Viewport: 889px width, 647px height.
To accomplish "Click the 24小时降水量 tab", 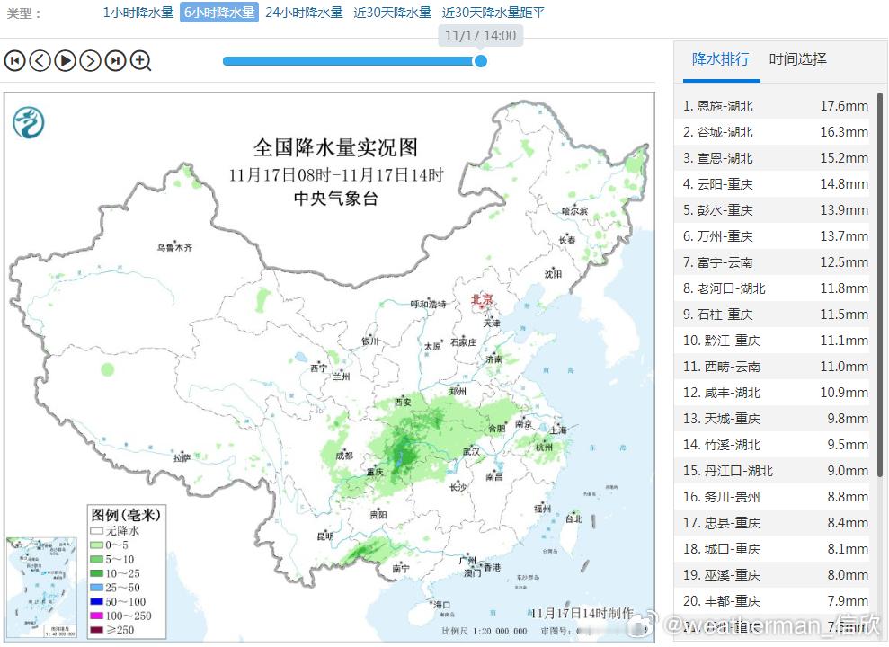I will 304,13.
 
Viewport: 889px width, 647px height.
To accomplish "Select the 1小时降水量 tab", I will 138,13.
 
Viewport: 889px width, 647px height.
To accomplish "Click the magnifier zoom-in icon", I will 140,61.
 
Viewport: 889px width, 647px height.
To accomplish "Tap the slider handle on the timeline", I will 481,61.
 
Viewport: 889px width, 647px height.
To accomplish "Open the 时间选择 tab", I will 797,59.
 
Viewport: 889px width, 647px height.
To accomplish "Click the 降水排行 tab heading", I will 720,59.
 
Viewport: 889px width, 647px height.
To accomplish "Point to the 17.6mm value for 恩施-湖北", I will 844,106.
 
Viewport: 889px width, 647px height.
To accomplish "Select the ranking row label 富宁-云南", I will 725,262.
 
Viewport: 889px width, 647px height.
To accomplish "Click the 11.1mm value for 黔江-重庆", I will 844,341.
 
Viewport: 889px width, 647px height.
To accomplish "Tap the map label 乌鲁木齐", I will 174,247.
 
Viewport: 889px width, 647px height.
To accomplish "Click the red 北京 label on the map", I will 483,299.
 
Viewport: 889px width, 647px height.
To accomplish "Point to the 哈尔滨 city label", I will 574,211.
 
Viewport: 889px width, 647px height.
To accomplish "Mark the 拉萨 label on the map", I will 182,457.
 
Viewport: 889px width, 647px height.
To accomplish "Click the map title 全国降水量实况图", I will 335,147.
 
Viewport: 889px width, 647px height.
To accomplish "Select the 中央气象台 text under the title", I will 335,199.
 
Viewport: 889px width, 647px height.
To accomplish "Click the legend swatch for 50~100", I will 96,601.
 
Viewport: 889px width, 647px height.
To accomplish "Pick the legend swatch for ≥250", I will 96,629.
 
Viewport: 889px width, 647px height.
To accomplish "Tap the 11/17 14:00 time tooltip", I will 480,36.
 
